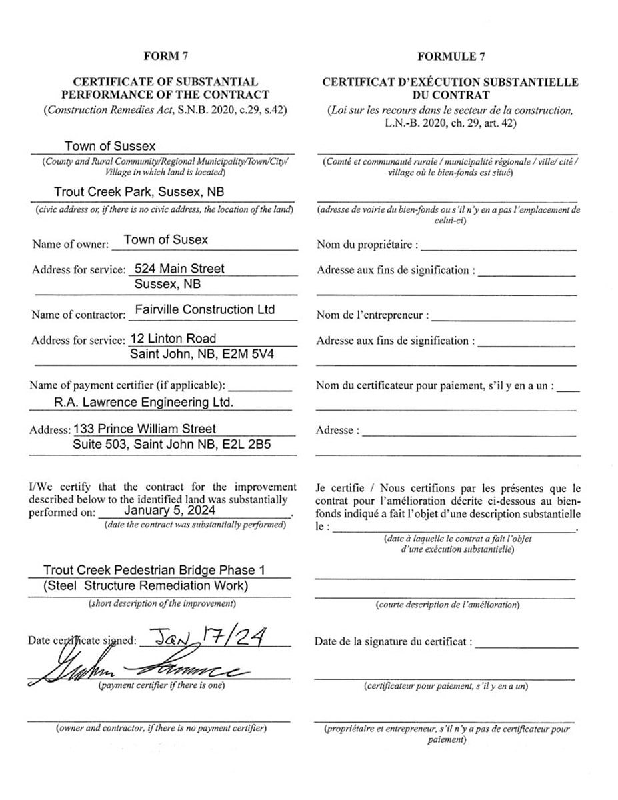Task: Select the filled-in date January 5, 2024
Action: tap(169, 510)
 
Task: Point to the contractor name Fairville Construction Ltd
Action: tap(204, 310)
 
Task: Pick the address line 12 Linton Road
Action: tap(173, 339)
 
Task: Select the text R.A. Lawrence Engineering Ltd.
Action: tap(144, 402)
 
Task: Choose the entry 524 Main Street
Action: tap(179, 269)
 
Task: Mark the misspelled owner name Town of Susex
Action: tap(165, 240)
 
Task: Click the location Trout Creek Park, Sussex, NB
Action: tap(139, 192)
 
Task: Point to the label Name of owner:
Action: tap(70, 244)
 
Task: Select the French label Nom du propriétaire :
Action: tap(367, 245)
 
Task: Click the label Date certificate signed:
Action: tap(82, 641)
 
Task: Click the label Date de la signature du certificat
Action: tap(393, 642)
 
